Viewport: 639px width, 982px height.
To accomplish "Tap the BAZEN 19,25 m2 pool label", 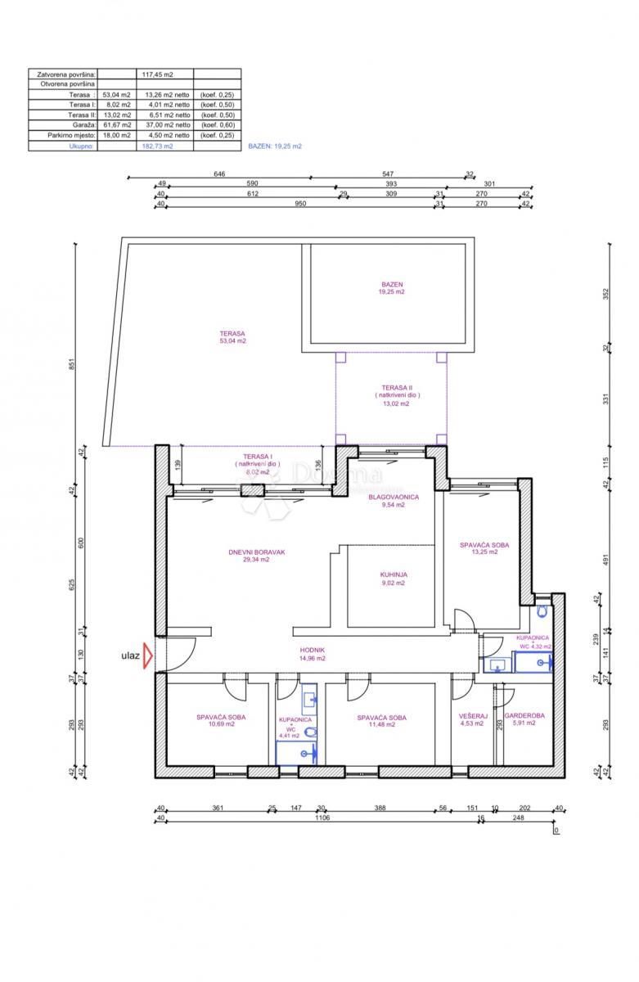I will pos(391,288).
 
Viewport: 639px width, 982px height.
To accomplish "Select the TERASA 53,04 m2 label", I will pos(232,337).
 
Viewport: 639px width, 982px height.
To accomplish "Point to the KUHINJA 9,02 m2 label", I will pos(394,579).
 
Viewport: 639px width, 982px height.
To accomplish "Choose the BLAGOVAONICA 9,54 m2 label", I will pos(394,501).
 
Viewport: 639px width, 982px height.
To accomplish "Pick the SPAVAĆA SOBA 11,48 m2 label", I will pos(381,721).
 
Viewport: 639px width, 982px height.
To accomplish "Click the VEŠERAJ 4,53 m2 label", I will pos(473,720).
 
